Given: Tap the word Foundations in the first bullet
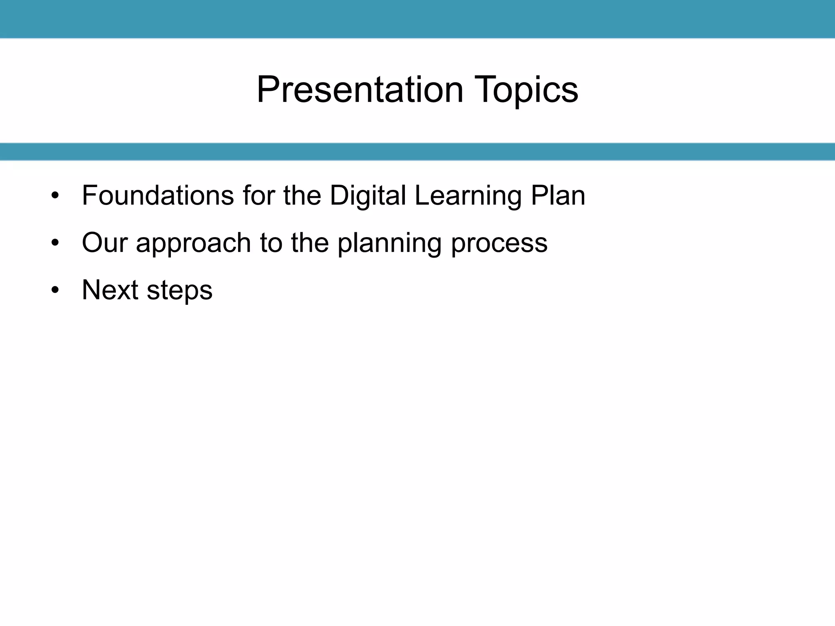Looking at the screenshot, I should click(x=158, y=196).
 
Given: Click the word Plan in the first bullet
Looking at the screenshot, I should click(x=558, y=196).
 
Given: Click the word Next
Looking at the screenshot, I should click(x=110, y=290).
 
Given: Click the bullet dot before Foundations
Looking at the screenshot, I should click(x=55, y=196).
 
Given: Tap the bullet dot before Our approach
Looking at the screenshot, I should click(x=55, y=244).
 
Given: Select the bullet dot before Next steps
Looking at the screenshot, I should click(x=55, y=291).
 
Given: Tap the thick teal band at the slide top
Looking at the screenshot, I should click(x=417, y=19).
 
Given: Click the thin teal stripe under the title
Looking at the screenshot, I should click(x=417, y=152).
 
